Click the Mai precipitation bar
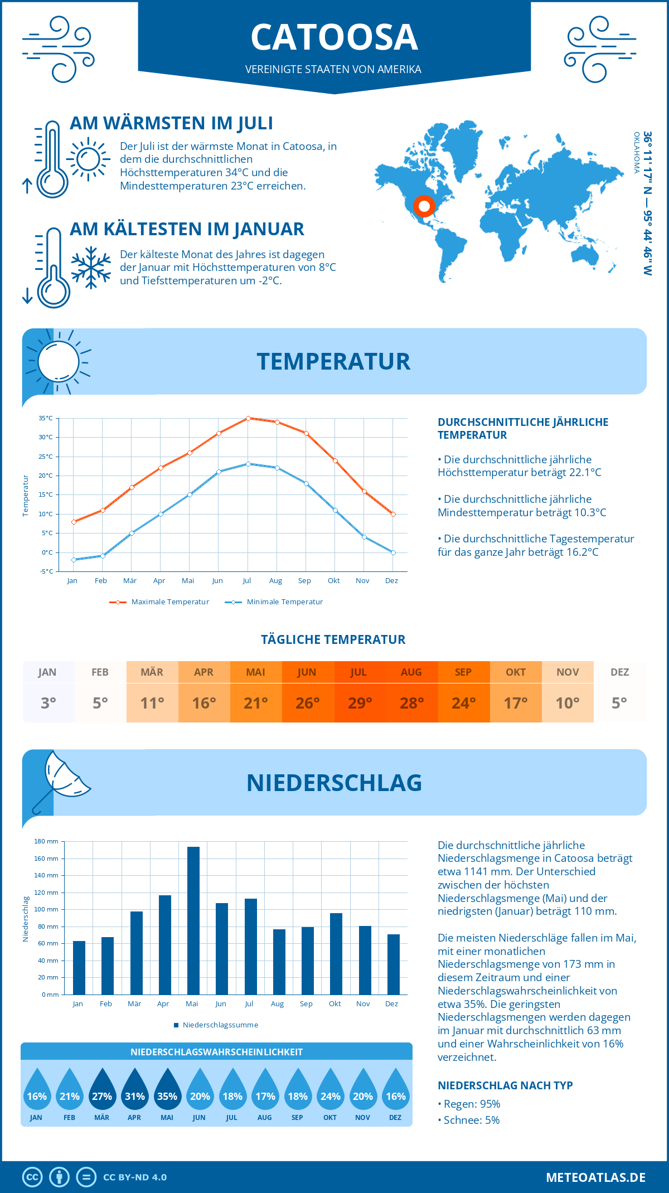(193, 920)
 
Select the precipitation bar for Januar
(79, 968)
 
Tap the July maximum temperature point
(248, 418)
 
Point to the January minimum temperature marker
(74, 560)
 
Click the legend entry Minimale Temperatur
(274, 602)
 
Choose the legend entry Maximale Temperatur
(159, 602)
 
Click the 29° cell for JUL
(360, 703)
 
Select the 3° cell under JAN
(49, 703)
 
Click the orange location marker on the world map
(424, 206)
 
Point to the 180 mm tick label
(46, 841)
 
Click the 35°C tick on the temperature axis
(46, 418)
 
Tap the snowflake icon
(91, 268)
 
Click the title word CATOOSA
(334, 38)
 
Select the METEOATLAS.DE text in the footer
(595, 1177)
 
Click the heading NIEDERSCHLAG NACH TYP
(505, 1085)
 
